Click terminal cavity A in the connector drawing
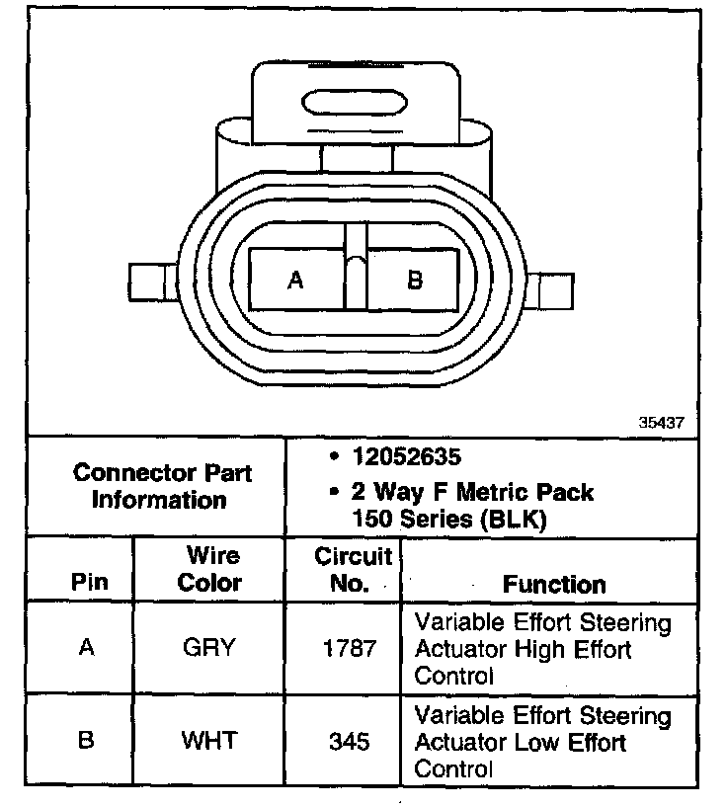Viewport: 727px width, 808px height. tap(295, 280)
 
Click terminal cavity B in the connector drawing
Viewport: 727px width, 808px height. tap(415, 280)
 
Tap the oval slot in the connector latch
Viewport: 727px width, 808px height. tap(356, 103)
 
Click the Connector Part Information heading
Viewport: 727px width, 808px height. tap(162, 486)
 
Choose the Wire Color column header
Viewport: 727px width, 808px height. tap(209, 569)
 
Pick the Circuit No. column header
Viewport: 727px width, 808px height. tap(353, 569)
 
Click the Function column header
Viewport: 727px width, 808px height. tap(554, 584)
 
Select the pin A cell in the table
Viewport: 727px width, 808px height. tap(86, 648)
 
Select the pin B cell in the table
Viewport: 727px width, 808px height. tap(86, 739)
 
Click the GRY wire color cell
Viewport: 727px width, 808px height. tap(209, 648)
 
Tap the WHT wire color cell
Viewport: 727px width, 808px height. tap(209, 739)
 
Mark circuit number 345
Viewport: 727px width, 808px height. tap(351, 739)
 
